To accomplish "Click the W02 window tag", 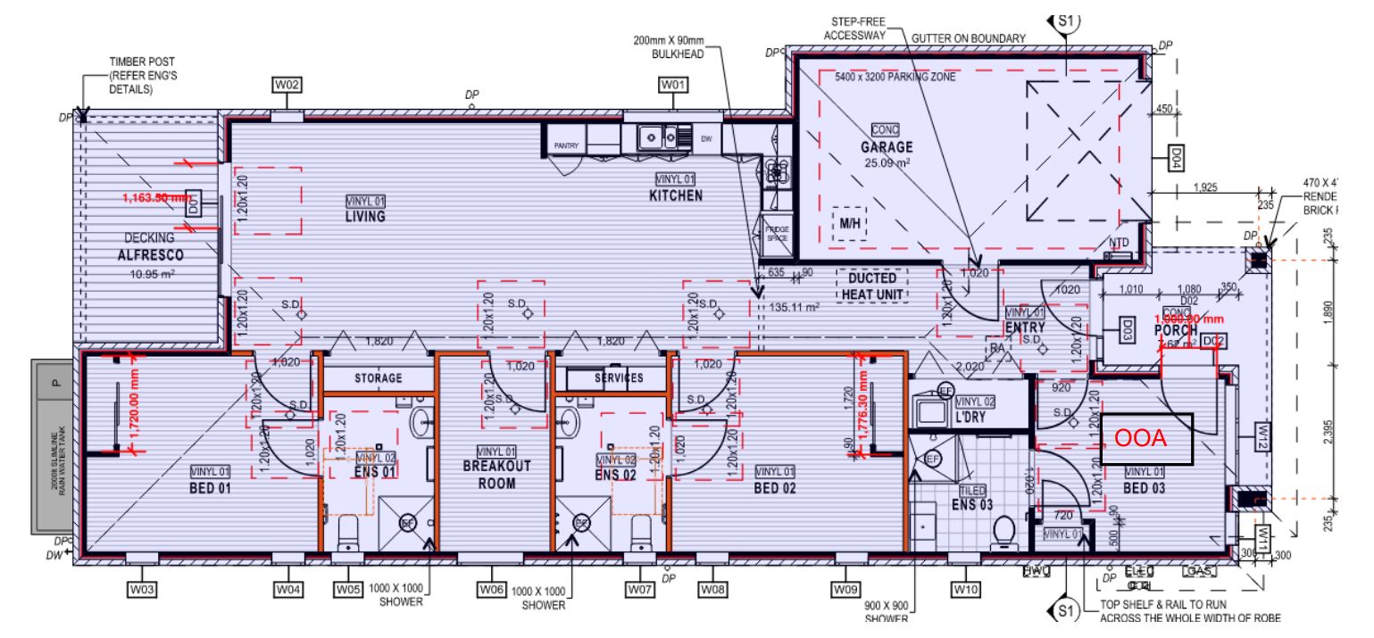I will click(287, 85).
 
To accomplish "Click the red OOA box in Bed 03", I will click(1146, 439).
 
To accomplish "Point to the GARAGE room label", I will click(886, 147).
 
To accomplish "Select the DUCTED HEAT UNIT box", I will click(871, 286).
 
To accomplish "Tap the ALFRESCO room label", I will click(149, 254).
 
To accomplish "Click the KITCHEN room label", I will click(676, 195).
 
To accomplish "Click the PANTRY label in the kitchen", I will click(567, 145).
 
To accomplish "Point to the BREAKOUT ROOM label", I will click(496, 475).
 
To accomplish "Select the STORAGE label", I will click(379, 378).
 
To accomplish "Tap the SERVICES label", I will click(619, 378).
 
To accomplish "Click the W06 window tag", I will click(492, 590).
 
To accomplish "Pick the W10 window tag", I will click(966, 589).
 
